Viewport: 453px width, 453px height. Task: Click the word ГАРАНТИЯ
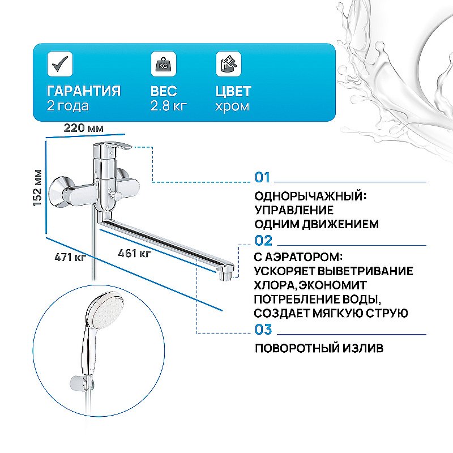click(x=83, y=91)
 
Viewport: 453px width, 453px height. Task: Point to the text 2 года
click(x=68, y=105)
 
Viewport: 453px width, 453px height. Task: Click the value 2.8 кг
click(x=169, y=105)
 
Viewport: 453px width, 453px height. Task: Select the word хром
click(x=232, y=105)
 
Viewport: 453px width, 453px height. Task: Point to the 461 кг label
click(x=134, y=253)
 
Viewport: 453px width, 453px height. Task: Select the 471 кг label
click(x=70, y=258)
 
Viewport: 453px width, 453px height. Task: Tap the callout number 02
click(x=264, y=240)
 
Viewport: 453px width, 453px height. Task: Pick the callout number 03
click(x=264, y=329)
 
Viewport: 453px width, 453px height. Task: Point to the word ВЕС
click(x=164, y=91)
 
